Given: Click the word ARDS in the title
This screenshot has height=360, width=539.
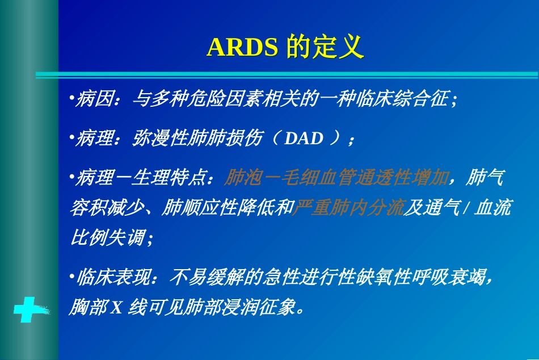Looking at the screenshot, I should [x=242, y=48].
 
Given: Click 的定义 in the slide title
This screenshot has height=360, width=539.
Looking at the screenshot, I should [x=325, y=48].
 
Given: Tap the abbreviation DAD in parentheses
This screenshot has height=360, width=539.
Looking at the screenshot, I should [x=304, y=139].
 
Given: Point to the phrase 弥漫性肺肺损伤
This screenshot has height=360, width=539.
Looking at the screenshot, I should [x=197, y=139].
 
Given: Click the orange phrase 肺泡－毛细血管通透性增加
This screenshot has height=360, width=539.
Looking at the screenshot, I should [x=336, y=178].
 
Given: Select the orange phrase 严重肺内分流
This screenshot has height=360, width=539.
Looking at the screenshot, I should [x=347, y=208].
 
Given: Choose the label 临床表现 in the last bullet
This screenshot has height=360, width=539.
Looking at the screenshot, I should [x=112, y=278].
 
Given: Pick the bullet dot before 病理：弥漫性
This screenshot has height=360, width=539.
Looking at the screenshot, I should [x=71, y=138].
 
